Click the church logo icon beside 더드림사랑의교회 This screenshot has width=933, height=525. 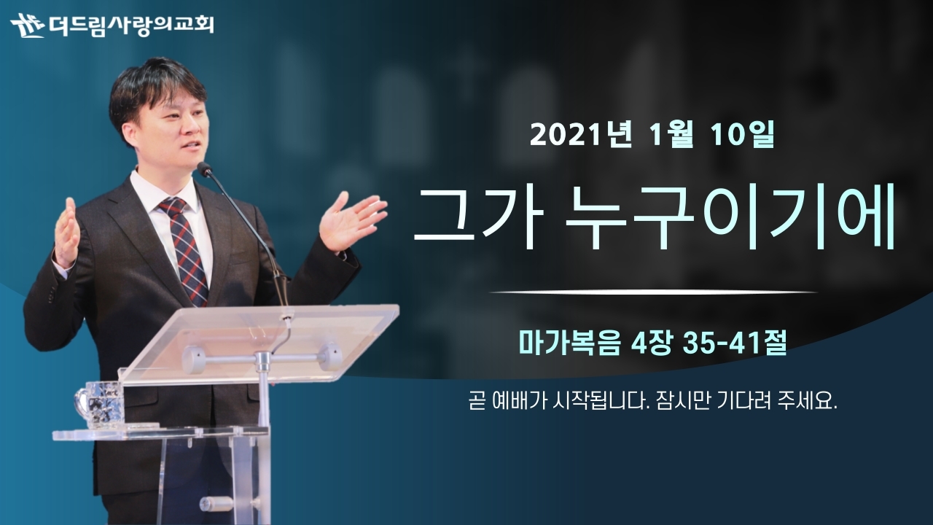click(28, 26)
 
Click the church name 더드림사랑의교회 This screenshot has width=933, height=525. click(131, 25)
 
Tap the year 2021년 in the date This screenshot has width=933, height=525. click(581, 135)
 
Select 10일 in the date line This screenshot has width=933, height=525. click(742, 135)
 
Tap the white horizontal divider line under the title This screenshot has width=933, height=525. click(653, 292)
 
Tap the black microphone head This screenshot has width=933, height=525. click(205, 168)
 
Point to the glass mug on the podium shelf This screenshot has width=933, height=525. click(100, 403)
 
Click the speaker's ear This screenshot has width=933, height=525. click(130, 135)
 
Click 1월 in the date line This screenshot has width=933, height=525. click(671, 135)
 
